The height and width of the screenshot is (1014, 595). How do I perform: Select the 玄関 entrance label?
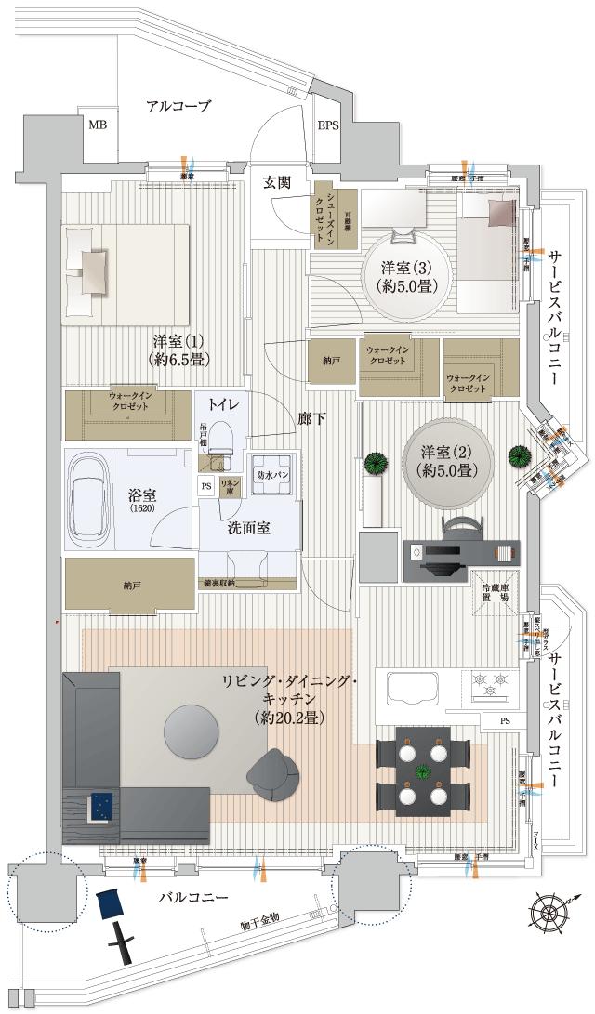click(278, 183)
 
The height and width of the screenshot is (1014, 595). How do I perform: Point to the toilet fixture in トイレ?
click(219, 440)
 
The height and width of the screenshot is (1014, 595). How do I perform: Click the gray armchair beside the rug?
click(273, 774)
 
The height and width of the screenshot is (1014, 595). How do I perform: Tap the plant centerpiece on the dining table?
click(424, 770)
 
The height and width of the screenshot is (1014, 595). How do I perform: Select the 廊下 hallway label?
click(312, 419)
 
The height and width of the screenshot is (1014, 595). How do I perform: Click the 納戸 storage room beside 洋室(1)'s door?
click(331, 360)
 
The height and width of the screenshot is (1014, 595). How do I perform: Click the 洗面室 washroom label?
click(248, 528)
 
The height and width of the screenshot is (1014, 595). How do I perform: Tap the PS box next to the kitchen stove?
click(505, 720)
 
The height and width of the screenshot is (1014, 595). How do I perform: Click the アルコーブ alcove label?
click(178, 106)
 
